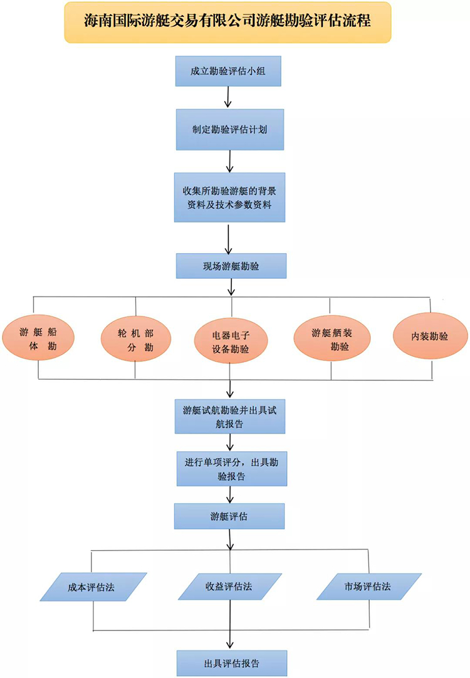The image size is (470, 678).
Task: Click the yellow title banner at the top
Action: click(227, 21)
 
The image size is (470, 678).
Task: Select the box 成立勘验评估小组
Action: click(228, 71)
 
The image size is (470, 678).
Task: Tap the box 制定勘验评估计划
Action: click(230, 129)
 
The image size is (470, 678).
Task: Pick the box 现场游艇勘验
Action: click(231, 266)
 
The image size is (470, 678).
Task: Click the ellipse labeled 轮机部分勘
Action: click(135, 338)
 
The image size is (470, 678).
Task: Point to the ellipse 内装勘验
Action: click(430, 336)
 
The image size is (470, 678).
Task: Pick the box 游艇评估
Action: click(229, 517)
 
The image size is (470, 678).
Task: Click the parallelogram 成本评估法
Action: click(92, 587)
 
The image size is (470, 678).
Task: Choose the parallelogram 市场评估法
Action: click(367, 587)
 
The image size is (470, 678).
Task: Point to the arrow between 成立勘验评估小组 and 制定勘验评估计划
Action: click(228, 97)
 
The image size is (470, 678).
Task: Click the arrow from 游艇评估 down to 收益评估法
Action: click(232, 551)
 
